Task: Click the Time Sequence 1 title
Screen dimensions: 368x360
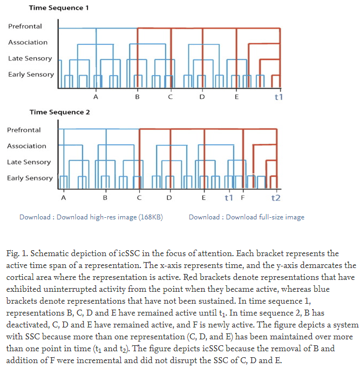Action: [x=59, y=8]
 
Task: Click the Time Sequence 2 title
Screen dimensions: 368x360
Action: [x=59, y=112]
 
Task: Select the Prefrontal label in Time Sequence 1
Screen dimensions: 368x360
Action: [x=25, y=26]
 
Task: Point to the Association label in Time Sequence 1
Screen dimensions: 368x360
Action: [x=28, y=42]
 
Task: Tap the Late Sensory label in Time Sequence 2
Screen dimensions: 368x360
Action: [x=29, y=162]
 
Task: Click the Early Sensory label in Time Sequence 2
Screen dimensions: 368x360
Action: [x=30, y=178]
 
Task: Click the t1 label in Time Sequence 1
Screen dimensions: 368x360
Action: [x=279, y=97]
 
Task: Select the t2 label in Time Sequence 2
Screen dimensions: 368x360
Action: [x=276, y=198]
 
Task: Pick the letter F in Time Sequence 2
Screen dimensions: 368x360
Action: [x=242, y=198]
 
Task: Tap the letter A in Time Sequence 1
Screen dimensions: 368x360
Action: [x=96, y=98]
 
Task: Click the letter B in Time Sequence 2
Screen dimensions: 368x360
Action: [x=105, y=198]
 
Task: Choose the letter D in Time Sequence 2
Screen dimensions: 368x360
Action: [x=169, y=198]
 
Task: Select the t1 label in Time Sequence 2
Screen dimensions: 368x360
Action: [x=228, y=198]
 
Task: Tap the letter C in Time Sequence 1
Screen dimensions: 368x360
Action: [x=170, y=98]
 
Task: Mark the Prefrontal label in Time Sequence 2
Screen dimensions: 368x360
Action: [x=24, y=130]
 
